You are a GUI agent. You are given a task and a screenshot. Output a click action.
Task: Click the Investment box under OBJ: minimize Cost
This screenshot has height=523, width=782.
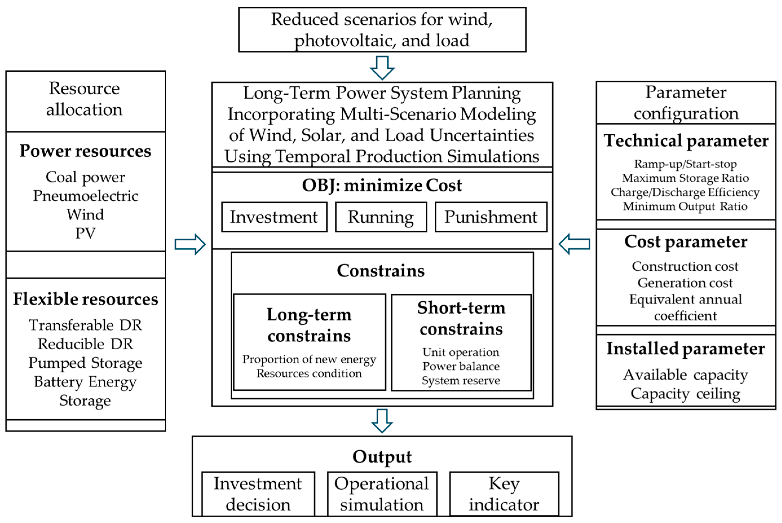click(274, 217)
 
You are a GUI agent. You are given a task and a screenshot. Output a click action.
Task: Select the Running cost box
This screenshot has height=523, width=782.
click(381, 217)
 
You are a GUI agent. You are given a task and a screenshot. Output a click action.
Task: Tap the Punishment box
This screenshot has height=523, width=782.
click(491, 217)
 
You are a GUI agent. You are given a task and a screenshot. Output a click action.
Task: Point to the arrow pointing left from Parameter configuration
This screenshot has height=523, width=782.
click(574, 244)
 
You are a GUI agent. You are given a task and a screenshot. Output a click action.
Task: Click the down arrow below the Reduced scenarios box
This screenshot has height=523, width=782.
click(382, 68)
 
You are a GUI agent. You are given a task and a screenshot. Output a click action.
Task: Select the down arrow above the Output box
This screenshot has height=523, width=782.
click(382, 421)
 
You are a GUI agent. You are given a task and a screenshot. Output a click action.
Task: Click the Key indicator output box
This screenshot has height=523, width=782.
click(504, 494)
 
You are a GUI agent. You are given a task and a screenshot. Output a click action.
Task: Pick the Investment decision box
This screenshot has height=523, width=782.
click(258, 494)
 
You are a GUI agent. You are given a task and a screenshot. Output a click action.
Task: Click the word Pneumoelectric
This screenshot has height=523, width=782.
click(85, 196)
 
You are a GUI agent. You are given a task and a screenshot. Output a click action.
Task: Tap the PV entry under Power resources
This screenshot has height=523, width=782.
click(85, 233)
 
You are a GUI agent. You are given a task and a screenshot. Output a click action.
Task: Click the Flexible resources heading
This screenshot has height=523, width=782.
click(85, 299)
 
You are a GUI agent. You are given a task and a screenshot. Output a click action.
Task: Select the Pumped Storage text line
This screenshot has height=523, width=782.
click(85, 363)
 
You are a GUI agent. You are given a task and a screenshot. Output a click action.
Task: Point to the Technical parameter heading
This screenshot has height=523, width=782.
click(686, 140)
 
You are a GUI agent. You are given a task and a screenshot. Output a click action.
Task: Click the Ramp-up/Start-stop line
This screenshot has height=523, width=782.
click(685, 164)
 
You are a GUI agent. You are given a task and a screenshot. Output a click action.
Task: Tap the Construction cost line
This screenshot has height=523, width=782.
click(685, 266)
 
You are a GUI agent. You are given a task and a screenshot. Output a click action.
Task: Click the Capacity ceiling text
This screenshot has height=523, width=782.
click(685, 394)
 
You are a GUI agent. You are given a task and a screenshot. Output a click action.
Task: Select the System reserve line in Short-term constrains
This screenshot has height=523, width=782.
click(461, 380)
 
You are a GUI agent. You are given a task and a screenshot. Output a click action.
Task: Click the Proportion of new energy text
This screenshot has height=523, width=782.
click(309, 359)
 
